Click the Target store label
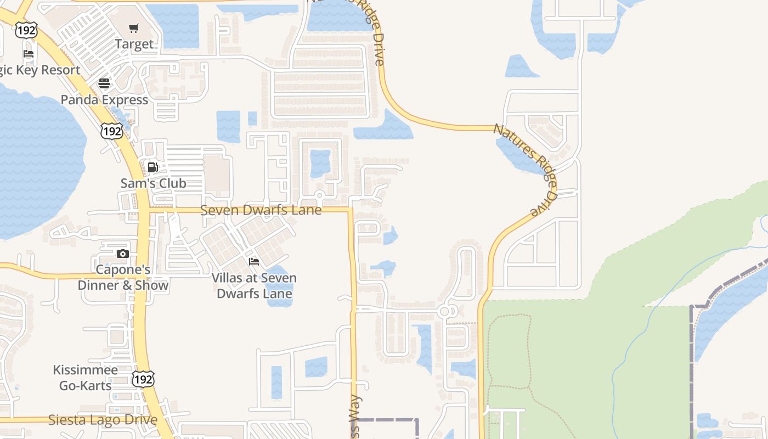[x=134, y=44]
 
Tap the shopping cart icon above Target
[x=134, y=29]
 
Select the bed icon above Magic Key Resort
[x=29, y=54]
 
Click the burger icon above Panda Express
[x=104, y=84]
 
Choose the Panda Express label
[x=104, y=100]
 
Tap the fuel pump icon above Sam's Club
[x=153, y=167]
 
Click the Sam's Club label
[x=154, y=183]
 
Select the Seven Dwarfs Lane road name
[x=261, y=210]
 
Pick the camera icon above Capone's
[x=123, y=254]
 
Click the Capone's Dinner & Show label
[x=123, y=278]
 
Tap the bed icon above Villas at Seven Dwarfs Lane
[x=254, y=262]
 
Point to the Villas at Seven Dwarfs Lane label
[x=255, y=285]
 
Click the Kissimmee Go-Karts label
[x=86, y=378]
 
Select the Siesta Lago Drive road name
[x=103, y=420]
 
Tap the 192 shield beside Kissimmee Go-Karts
[x=143, y=379]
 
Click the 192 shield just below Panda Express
[x=111, y=131]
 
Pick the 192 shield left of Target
[x=26, y=30]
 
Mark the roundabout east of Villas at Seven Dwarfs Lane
[x=445, y=312]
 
